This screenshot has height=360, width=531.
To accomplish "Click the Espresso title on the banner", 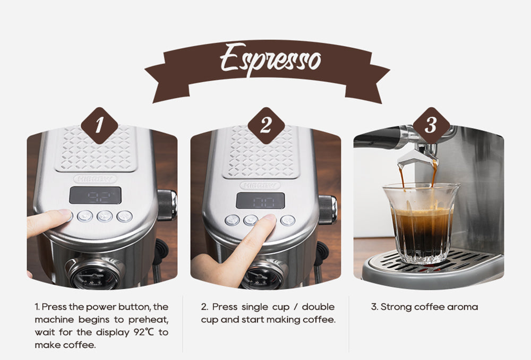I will (270, 58).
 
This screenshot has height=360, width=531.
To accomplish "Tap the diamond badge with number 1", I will (99, 126).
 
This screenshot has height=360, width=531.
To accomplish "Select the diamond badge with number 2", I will (265, 126).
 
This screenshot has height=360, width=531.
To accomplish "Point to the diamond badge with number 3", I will (431, 126).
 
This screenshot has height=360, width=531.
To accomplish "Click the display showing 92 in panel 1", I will (96, 195).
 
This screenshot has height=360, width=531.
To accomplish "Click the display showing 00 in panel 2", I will (260, 201).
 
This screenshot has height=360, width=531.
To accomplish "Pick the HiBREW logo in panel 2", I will (260, 185).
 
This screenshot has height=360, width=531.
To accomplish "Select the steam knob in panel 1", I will (167, 204).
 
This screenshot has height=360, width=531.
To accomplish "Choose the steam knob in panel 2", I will (328, 209).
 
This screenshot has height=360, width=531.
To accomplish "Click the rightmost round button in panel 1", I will (124, 216).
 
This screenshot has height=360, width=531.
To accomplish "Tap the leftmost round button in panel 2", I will (232, 220).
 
